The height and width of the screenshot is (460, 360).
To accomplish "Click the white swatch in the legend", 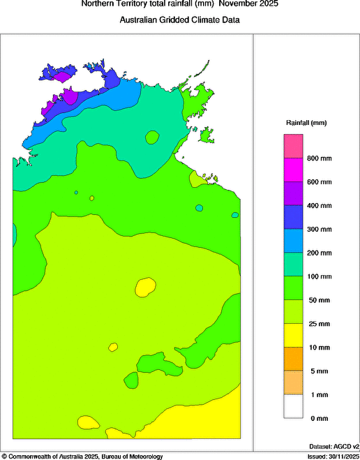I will click(293, 406).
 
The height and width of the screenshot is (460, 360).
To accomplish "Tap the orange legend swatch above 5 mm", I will click(293, 359).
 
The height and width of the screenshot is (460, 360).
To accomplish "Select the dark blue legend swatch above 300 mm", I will click(293, 217).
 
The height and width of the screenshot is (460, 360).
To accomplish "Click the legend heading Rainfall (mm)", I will click(306, 123).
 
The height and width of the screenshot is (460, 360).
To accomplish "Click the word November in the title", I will click(236, 4).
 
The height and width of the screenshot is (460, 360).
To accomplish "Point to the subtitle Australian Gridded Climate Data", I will click(180, 20).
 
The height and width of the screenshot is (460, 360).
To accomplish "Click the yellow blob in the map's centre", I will click(145, 286).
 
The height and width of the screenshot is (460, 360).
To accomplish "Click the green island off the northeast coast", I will click(206, 133).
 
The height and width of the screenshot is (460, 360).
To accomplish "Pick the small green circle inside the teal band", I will click(152, 137).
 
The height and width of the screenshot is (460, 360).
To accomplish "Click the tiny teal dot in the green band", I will click(200, 208).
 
